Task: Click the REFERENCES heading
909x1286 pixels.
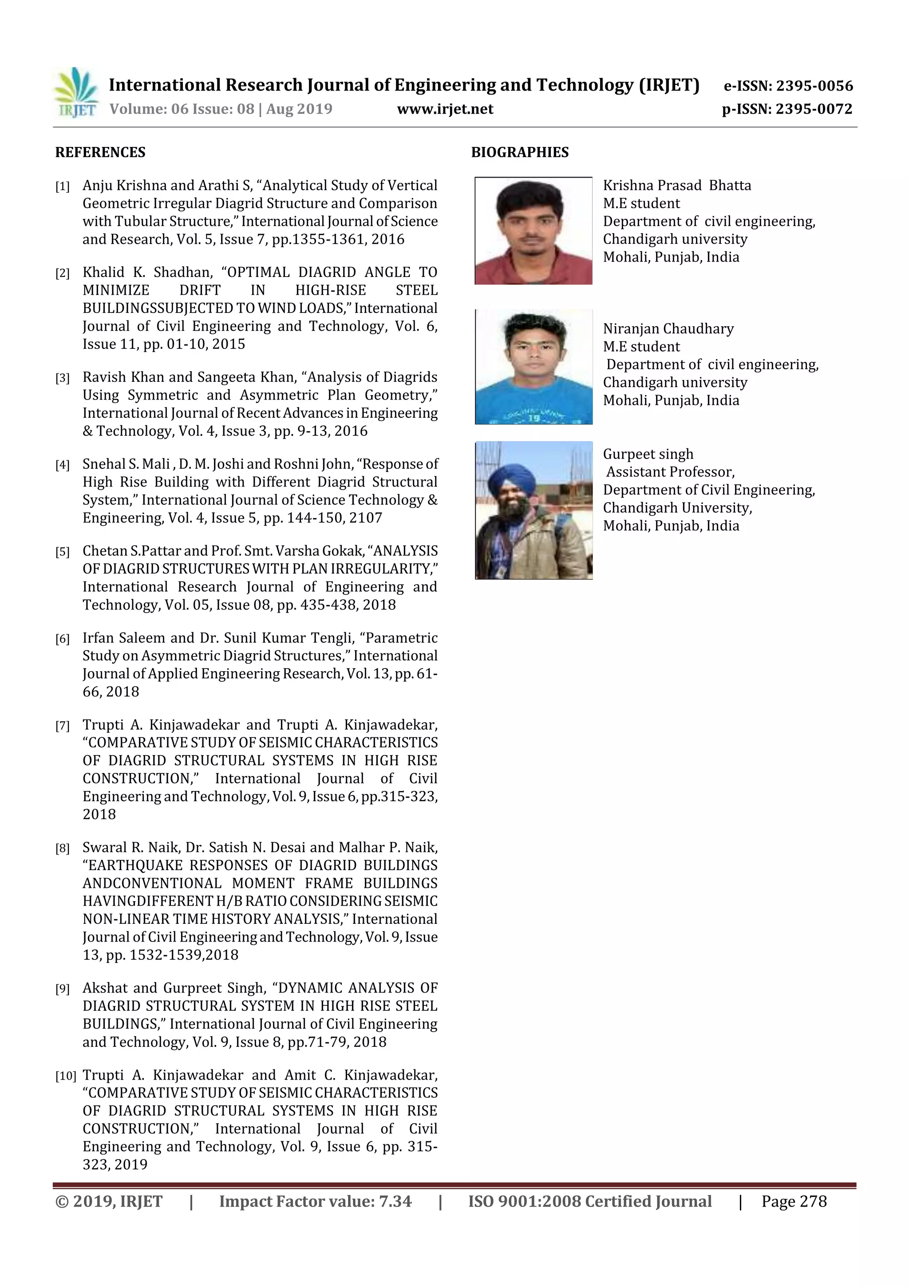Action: (x=100, y=152)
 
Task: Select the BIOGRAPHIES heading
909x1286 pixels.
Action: (x=519, y=152)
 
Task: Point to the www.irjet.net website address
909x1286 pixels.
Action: (x=445, y=109)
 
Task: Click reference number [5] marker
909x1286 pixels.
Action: (x=62, y=552)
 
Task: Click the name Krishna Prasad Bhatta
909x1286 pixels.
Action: (x=676, y=186)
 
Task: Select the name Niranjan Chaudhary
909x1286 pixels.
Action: (x=668, y=329)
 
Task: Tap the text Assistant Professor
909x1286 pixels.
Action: (x=670, y=472)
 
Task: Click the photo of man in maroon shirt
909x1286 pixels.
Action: (x=533, y=231)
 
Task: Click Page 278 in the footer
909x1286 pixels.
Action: (x=794, y=1201)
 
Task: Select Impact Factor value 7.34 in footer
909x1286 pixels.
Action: (x=315, y=1201)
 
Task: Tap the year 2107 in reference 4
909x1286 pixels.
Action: (x=365, y=518)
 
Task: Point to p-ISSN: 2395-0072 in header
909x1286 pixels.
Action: (x=786, y=109)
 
